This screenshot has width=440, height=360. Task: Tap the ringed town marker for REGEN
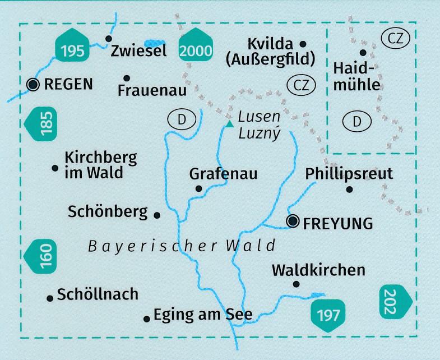click(x=33, y=85)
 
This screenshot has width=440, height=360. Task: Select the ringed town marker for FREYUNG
click(x=293, y=222)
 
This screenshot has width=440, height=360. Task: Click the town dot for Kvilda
click(x=303, y=43)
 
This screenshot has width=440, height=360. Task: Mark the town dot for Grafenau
click(x=198, y=189)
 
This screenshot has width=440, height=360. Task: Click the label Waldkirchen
click(x=318, y=270)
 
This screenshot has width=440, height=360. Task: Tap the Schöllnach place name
click(x=98, y=294)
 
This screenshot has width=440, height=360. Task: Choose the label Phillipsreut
click(x=349, y=174)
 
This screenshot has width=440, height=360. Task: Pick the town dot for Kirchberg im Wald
click(x=55, y=168)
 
